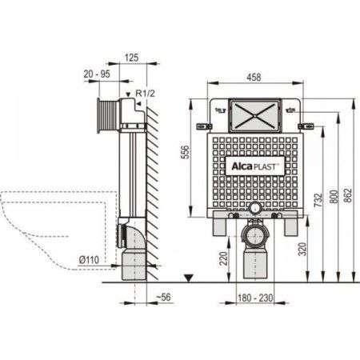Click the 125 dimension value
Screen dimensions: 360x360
click(x=132, y=57)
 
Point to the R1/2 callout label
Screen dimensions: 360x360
click(x=145, y=94)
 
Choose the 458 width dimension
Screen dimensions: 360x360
click(x=254, y=78)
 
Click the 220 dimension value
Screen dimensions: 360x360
click(x=224, y=258)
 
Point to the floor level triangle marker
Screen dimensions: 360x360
click(x=188, y=278)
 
